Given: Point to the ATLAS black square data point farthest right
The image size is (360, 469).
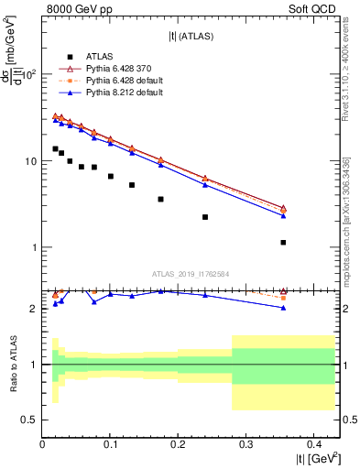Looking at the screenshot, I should pos(283,243).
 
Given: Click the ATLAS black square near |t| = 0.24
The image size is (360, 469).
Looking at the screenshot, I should pos(205,217).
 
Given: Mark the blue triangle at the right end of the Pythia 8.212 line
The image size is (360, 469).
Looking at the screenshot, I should pos(283,216).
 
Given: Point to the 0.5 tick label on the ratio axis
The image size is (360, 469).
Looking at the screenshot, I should pos(30,420).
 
